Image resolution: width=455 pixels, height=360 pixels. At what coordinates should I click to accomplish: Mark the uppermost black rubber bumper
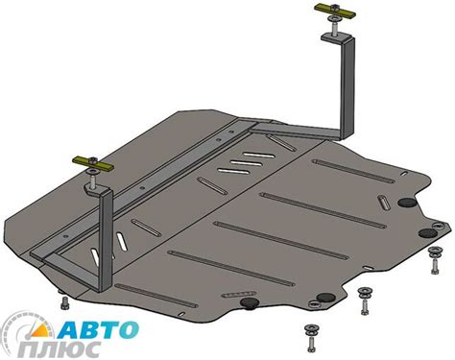coord(404,203)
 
